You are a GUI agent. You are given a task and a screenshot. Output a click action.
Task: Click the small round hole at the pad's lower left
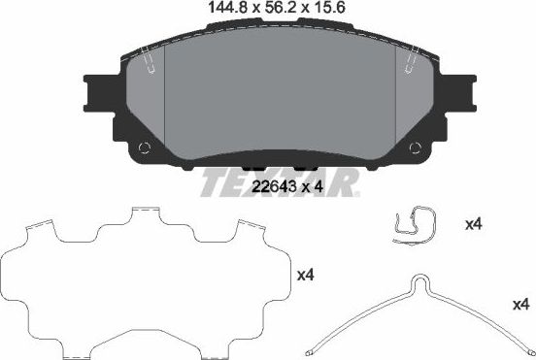145,147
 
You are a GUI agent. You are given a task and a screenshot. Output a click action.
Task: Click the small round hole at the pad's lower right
421,147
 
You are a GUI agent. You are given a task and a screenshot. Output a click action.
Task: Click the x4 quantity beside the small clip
474,224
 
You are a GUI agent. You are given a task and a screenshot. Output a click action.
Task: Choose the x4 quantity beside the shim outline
305,275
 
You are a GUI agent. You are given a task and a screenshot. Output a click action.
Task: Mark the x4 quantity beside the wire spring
520,305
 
